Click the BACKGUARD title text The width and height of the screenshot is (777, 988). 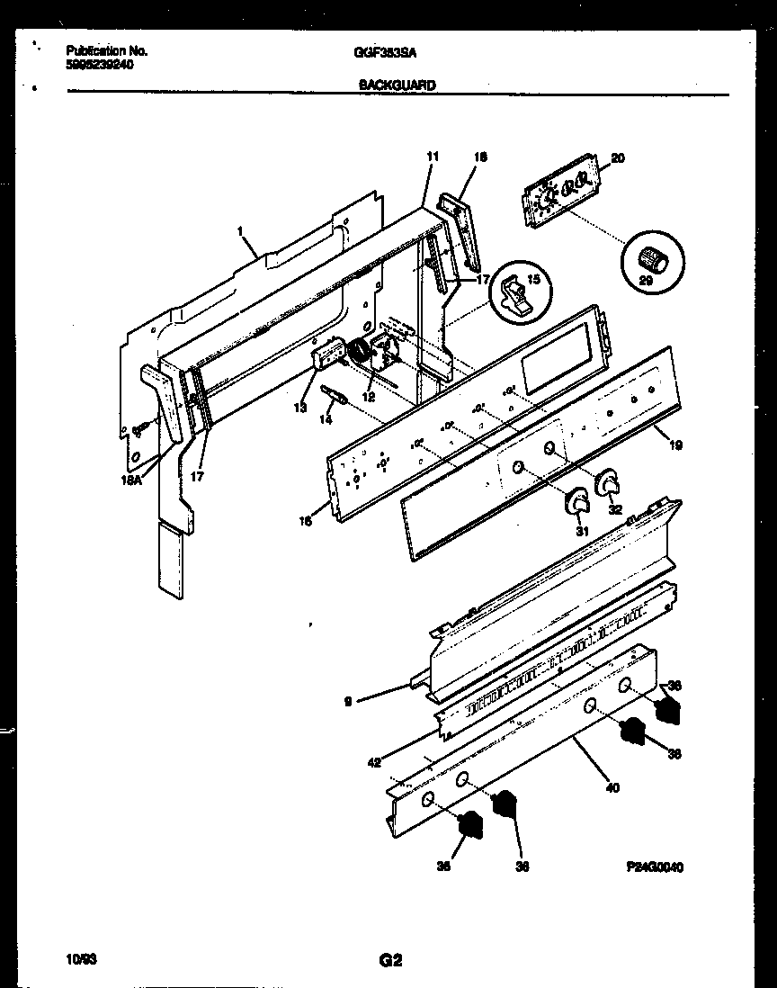point(397,85)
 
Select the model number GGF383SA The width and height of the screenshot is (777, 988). point(385,52)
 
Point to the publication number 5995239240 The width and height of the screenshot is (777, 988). point(100,64)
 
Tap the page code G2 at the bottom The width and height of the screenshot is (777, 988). point(389,960)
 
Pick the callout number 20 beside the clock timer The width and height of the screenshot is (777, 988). point(617,158)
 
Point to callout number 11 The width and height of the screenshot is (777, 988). point(432,157)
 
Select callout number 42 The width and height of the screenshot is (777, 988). point(374,761)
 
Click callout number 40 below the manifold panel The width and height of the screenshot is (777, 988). point(612,788)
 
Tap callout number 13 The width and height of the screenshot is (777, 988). point(300,408)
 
